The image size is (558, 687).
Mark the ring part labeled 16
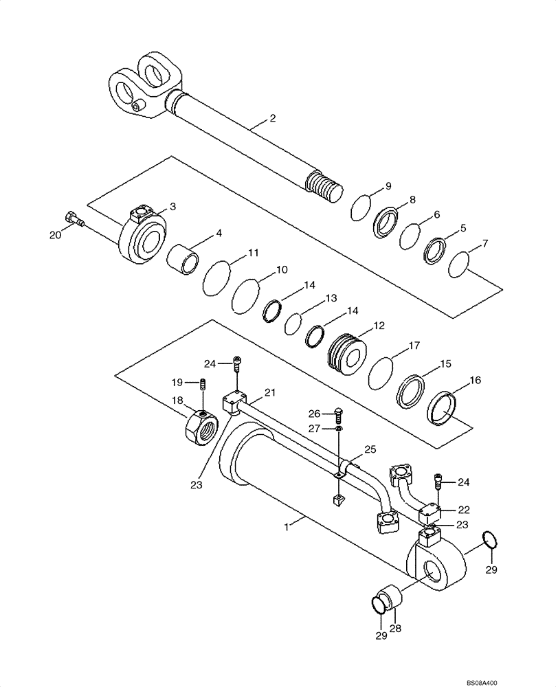point(443,409)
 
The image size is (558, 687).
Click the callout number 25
point(370,449)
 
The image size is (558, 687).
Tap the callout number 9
point(388,186)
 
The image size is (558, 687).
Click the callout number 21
point(269,392)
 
